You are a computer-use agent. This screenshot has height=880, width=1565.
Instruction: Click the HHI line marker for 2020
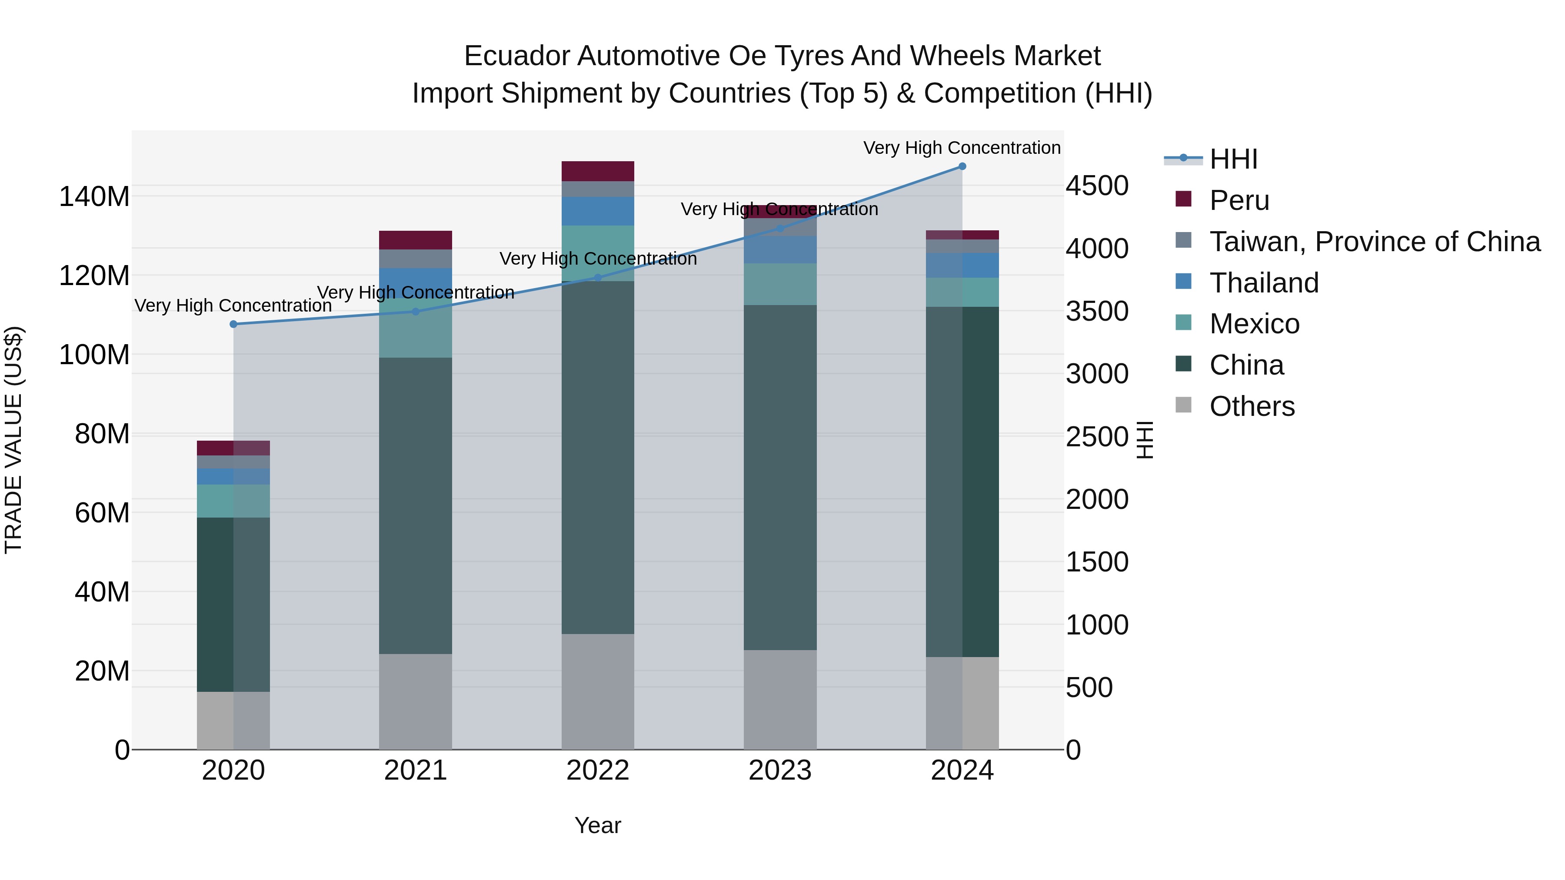[233, 324]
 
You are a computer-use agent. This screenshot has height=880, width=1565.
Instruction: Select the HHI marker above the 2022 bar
[598, 278]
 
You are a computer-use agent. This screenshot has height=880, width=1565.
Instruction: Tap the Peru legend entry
[1239, 200]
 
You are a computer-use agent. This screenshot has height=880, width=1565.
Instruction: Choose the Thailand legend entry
[1264, 283]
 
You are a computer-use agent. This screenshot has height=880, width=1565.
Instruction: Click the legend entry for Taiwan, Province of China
[1374, 242]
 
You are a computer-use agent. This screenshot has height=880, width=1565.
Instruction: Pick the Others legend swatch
[1183, 405]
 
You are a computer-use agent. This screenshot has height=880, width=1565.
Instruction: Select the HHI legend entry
[1233, 159]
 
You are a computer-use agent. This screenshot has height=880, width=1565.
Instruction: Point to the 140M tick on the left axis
[94, 197]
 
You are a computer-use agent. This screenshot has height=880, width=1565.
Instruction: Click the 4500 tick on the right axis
[1097, 186]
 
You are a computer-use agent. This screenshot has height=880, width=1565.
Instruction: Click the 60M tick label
[102, 513]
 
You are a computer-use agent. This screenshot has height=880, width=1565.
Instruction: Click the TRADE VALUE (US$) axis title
[13, 440]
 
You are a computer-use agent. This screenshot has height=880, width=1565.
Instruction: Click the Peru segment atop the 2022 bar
[598, 171]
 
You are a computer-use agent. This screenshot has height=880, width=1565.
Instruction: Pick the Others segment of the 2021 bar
[416, 701]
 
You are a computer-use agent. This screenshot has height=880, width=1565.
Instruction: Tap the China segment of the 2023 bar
[780, 477]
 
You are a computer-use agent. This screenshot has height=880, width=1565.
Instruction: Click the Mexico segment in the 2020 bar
[233, 501]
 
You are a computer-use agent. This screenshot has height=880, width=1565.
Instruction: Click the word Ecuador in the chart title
[516, 56]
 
